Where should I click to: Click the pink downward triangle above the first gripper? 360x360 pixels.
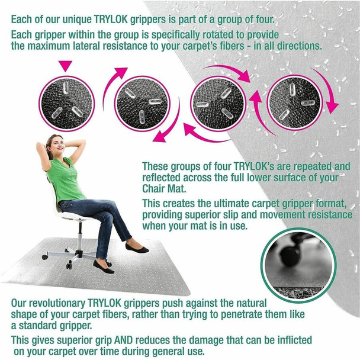[66, 66]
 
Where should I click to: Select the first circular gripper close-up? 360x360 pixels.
[66, 103]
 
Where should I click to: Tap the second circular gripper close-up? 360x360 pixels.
[142, 104]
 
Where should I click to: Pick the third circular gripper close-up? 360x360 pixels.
[218, 103]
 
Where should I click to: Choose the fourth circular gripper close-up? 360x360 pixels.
[294, 102]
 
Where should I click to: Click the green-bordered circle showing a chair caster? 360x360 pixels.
[298, 265]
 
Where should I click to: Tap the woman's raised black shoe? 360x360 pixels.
[137, 249]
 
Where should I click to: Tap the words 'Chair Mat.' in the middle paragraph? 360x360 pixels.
[164, 189]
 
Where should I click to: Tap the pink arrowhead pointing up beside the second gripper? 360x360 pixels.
[121, 72]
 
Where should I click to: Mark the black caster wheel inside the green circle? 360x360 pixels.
[291, 255]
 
